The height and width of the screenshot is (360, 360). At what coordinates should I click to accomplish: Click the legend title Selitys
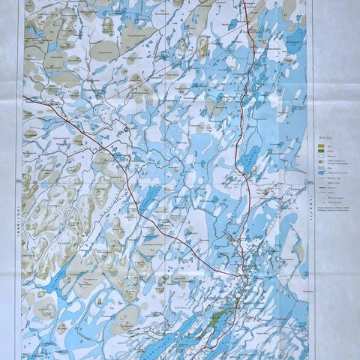pyautogui.click(x=324, y=137)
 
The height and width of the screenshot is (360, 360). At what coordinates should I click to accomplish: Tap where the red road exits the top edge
pyautogui.click(x=246, y=2)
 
